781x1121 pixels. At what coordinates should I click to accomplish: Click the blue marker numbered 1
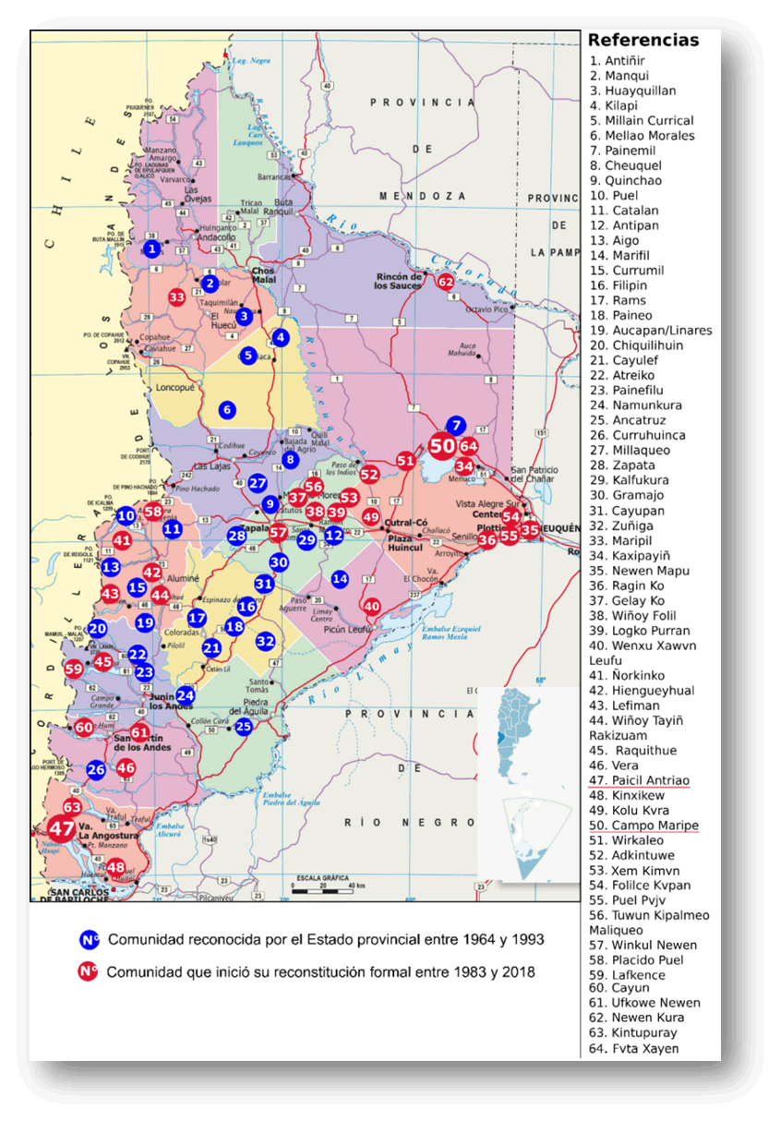(152, 248)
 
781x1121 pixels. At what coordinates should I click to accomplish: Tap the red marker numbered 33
(177, 297)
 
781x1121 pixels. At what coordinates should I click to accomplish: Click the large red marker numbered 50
(443, 445)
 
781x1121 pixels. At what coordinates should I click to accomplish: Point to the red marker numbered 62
(446, 282)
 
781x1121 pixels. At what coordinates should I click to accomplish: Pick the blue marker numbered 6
(227, 409)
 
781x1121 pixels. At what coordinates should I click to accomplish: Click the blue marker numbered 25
(244, 727)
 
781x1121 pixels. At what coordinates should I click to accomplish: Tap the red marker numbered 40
(372, 607)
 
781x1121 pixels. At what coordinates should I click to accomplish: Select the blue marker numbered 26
(96, 769)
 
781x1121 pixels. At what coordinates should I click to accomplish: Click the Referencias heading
(643, 41)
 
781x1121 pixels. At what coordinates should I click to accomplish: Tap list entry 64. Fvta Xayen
(633, 1048)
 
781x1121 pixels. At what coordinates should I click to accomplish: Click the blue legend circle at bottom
(90, 941)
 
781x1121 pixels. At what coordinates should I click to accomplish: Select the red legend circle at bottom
(90, 971)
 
